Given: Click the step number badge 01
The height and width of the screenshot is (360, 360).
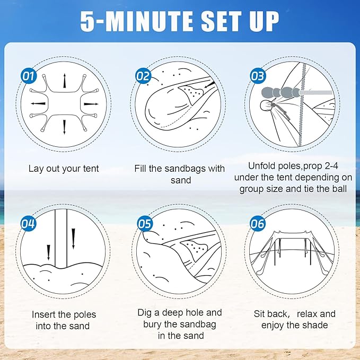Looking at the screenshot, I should (x=29, y=76).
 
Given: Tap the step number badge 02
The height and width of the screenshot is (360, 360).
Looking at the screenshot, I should (x=143, y=76).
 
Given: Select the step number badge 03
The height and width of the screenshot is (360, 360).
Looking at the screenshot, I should (x=257, y=76).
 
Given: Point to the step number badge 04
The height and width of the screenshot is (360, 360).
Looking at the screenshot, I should (x=29, y=223).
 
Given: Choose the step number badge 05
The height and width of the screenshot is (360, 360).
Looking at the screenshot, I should (x=145, y=223).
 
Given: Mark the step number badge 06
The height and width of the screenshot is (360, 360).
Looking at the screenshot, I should (x=257, y=224).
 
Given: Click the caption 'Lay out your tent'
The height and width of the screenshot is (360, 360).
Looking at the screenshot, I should (x=64, y=169).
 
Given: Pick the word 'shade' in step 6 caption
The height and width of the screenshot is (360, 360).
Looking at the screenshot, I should (x=316, y=325).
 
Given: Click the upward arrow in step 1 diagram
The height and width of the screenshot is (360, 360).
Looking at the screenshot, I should (x=65, y=81).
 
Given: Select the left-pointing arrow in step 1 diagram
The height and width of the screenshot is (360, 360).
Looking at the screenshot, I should (x=37, y=103).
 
